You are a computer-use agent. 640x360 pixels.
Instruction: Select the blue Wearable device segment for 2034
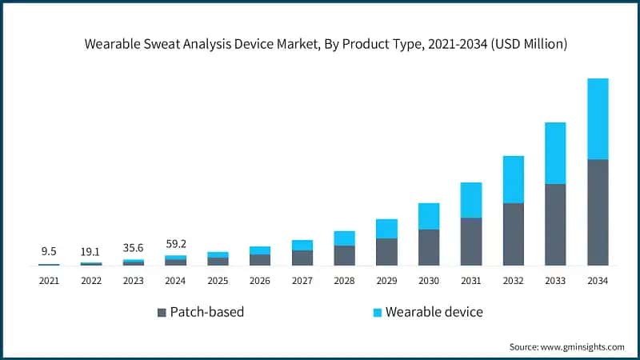[598, 118]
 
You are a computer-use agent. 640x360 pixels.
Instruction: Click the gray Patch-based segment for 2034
[598, 212]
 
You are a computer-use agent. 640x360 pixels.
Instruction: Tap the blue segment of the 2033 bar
[555, 153]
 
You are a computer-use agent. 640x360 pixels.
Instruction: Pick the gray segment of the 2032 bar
[513, 234]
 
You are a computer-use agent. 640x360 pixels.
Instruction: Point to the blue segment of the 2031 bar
[471, 200]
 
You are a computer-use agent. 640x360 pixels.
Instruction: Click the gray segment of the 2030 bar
[429, 247]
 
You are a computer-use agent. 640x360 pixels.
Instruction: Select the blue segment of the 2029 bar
[386, 229]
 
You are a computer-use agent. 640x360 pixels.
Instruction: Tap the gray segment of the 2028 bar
[344, 255]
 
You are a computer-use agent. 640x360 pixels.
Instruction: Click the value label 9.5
[49, 251]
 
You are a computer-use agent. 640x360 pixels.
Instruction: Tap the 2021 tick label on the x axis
[49, 281]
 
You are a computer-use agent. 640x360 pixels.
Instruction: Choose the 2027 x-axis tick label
[302, 281]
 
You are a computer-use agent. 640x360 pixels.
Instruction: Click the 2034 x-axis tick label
[598, 281]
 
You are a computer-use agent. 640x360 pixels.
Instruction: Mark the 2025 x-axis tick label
[218, 281]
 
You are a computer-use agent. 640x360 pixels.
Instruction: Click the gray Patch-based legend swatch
[162, 312]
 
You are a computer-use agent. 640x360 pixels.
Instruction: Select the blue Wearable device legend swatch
[374, 312]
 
